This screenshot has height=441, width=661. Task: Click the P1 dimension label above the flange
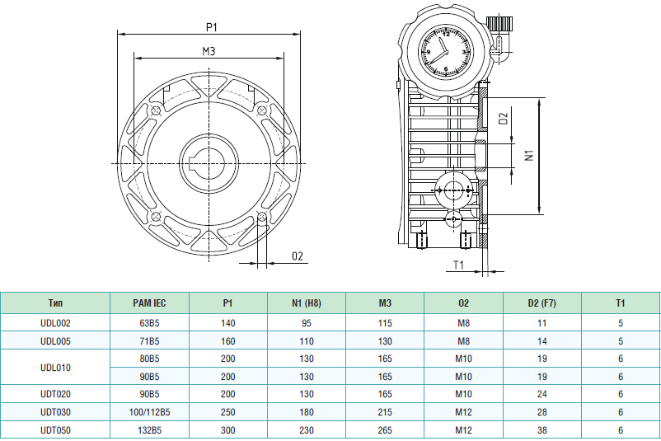[211, 26]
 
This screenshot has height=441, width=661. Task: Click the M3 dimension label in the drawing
[209, 51]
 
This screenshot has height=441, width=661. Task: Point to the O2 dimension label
[298, 256]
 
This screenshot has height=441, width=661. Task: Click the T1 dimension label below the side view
[461, 265]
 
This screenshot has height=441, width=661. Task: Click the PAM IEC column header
[149, 303]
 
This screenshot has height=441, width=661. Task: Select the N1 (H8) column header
[307, 303]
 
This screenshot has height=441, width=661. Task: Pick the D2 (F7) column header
[541, 303]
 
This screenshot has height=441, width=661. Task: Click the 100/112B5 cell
[149, 412]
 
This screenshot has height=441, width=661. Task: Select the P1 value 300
[228, 430]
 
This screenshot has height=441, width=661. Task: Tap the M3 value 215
[385, 412]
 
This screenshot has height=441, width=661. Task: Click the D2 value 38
[541, 430]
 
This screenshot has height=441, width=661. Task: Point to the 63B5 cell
[149, 323]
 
